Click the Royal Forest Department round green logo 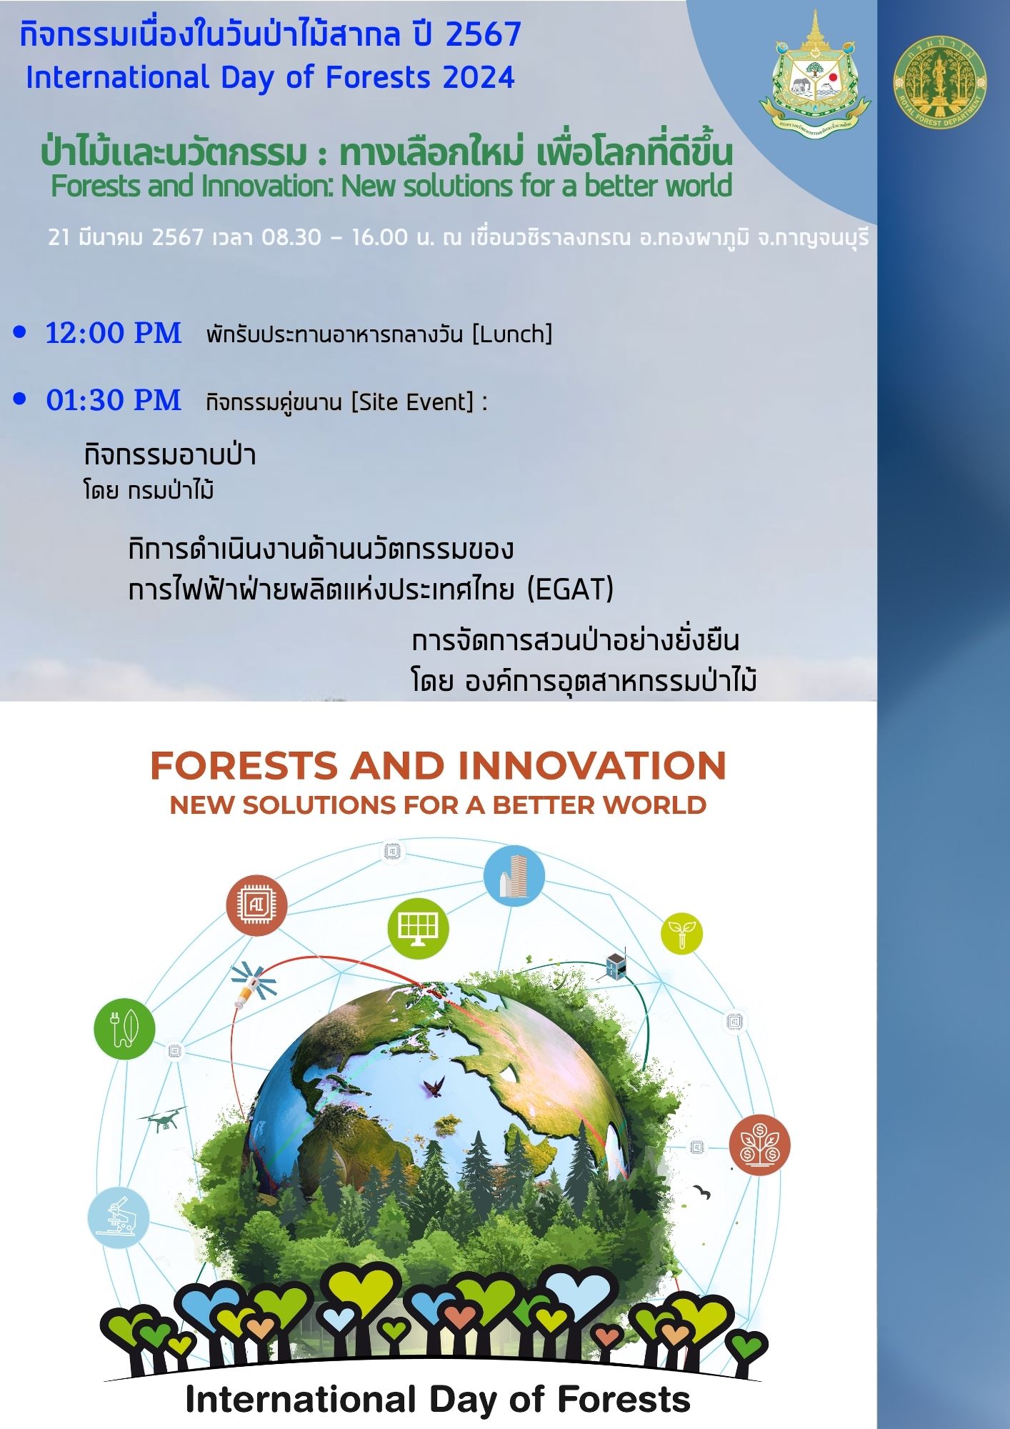point(939,83)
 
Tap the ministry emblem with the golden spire point(815,71)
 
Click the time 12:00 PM point(114,333)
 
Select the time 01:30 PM point(114,400)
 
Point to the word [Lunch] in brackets point(512,334)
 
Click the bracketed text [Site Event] point(412,402)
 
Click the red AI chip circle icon point(256,905)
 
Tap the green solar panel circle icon point(418,928)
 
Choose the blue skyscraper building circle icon point(514,875)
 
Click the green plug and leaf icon point(124,1028)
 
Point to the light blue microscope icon point(119,1217)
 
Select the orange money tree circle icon point(759,1145)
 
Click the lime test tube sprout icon point(681,933)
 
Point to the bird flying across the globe point(433,1087)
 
